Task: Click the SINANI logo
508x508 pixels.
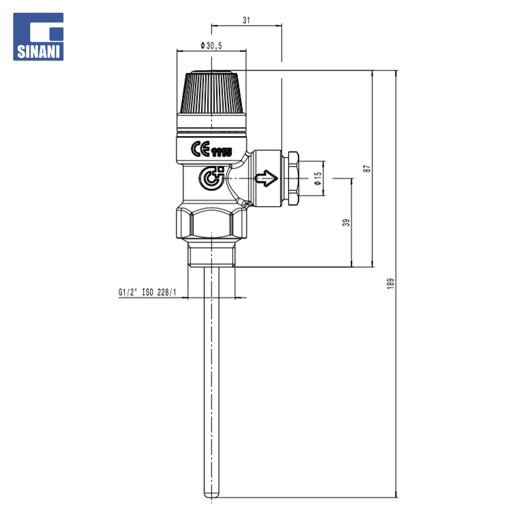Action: pyautogui.click(x=38, y=37)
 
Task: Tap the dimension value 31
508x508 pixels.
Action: pyautogui.click(x=246, y=20)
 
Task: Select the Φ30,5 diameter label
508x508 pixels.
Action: pyautogui.click(x=211, y=46)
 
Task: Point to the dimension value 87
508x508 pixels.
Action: pyautogui.click(x=367, y=168)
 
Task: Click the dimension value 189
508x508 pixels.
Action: pyautogui.click(x=390, y=284)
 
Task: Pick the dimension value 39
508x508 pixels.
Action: pyautogui.click(x=346, y=222)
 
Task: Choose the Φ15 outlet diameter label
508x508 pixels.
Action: pyautogui.click(x=318, y=179)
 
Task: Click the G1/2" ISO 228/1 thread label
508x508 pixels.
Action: pyautogui.click(x=147, y=292)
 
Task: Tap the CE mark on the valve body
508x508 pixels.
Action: pyautogui.click(x=200, y=149)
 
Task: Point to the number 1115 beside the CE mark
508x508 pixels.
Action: pyautogui.click(x=222, y=152)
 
